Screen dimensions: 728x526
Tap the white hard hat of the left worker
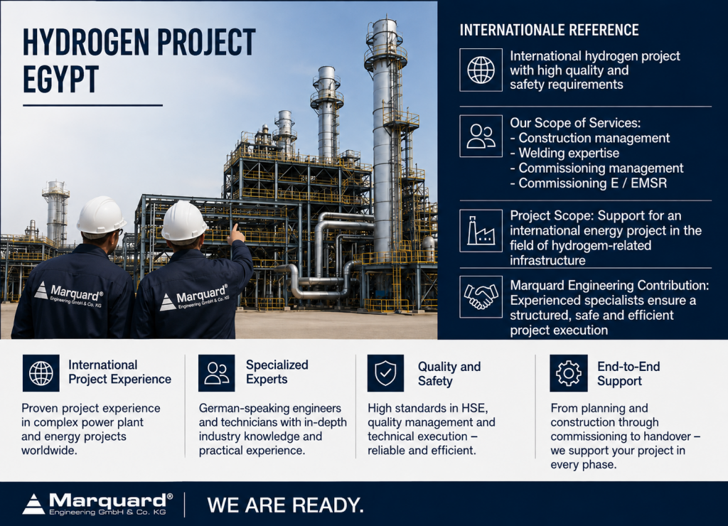(101, 215)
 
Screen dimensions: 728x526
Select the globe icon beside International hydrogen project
(481, 70)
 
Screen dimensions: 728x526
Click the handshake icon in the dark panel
(481, 296)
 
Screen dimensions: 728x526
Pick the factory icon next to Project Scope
(481, 231)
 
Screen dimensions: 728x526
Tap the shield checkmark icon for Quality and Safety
(385, 372)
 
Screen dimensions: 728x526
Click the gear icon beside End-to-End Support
(568, 372)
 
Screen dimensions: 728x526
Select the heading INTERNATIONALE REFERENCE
(549, 30)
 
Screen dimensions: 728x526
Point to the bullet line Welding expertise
(564, 153)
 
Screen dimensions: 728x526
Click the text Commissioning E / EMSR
(588, 183)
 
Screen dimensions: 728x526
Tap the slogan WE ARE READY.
(285, 505)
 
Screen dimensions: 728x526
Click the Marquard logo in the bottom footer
(97, 504)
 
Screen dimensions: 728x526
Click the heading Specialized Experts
(277, 372)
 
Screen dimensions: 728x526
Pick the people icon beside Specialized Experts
(216, 372)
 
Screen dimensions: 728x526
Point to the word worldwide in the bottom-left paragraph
(48, 451)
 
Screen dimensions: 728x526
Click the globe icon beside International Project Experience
(41, 372)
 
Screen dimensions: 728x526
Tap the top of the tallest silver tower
(385, 20)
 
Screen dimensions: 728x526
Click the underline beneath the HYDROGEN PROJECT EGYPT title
(93, 106)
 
